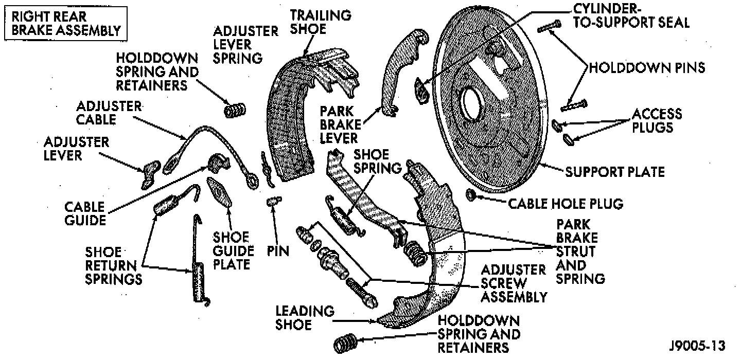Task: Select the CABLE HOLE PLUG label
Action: point(566,204)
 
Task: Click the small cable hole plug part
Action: point(470,195)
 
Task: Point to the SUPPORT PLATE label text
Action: point(615,171)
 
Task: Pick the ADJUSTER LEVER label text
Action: point(76,148)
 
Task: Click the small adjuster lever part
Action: point(150,173)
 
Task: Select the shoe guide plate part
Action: point(219,191)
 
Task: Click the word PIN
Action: point(278,251)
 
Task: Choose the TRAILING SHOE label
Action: point(321,22)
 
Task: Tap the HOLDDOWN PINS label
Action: point(647,67)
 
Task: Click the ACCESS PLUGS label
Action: point(656,120)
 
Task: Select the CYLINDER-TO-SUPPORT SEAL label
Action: point(630,16)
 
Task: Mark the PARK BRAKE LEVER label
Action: point(339,124)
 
